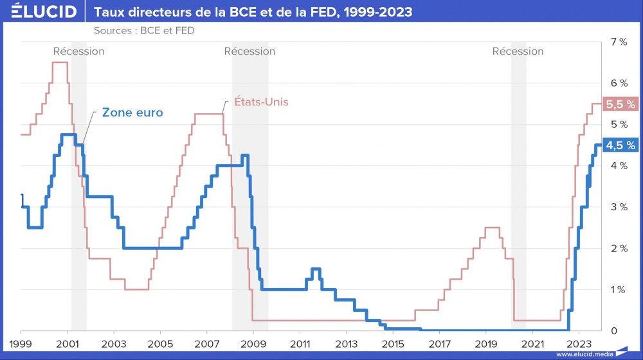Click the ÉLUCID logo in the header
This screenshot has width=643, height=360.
39,12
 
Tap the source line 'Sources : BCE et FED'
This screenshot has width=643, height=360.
143,30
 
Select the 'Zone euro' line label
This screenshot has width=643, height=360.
132,113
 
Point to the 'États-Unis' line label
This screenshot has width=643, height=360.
259,102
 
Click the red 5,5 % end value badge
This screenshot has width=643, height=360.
620,104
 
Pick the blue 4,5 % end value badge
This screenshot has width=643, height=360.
620,145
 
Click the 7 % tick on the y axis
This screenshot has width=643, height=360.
618,42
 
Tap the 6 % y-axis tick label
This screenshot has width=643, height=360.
618,83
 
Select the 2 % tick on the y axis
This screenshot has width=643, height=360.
618,248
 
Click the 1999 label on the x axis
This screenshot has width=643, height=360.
21,343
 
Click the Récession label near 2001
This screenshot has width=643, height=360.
78,51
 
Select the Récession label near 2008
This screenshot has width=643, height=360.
249,51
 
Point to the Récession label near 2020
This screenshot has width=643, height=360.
518,51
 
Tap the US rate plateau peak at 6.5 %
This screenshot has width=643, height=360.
60,62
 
